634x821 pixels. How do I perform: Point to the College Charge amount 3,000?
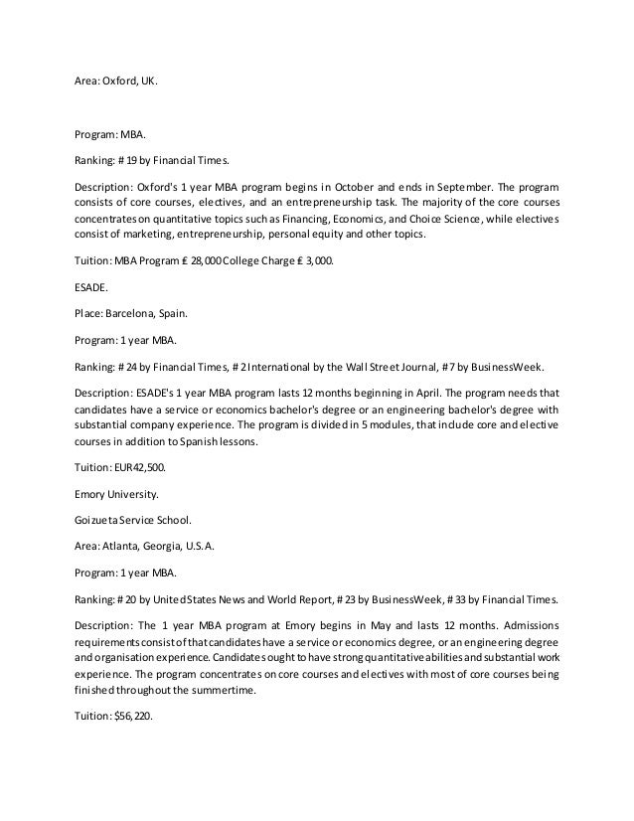tap(320, 259)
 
